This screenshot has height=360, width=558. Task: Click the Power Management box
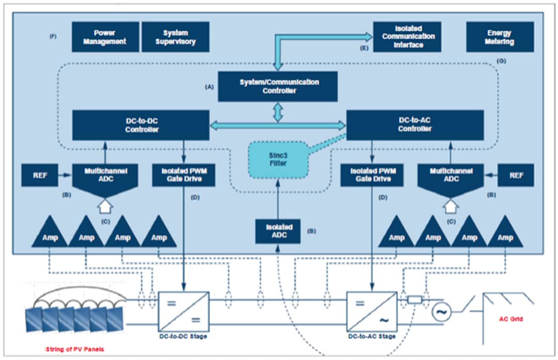pyautogui.click(x=105, y=37)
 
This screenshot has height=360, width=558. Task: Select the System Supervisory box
pyautogui.click(x=175, y=37)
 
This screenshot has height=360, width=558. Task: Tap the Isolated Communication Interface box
pyautogui.click(x=407, y=37)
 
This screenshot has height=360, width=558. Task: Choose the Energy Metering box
pyautogui.click(x=500, y=37)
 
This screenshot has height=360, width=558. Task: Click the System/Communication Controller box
pyautogui.click(x=277, y=86)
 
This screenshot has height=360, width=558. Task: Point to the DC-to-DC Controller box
pyautogui.click(x=141, y=125)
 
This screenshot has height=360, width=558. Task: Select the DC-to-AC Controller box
pyautogui.click(x=415, y=125)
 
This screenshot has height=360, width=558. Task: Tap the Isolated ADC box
pyautogui.click(x=278, y=231)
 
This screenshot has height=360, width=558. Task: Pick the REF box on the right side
pyautogui.click(x=517, y=175)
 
